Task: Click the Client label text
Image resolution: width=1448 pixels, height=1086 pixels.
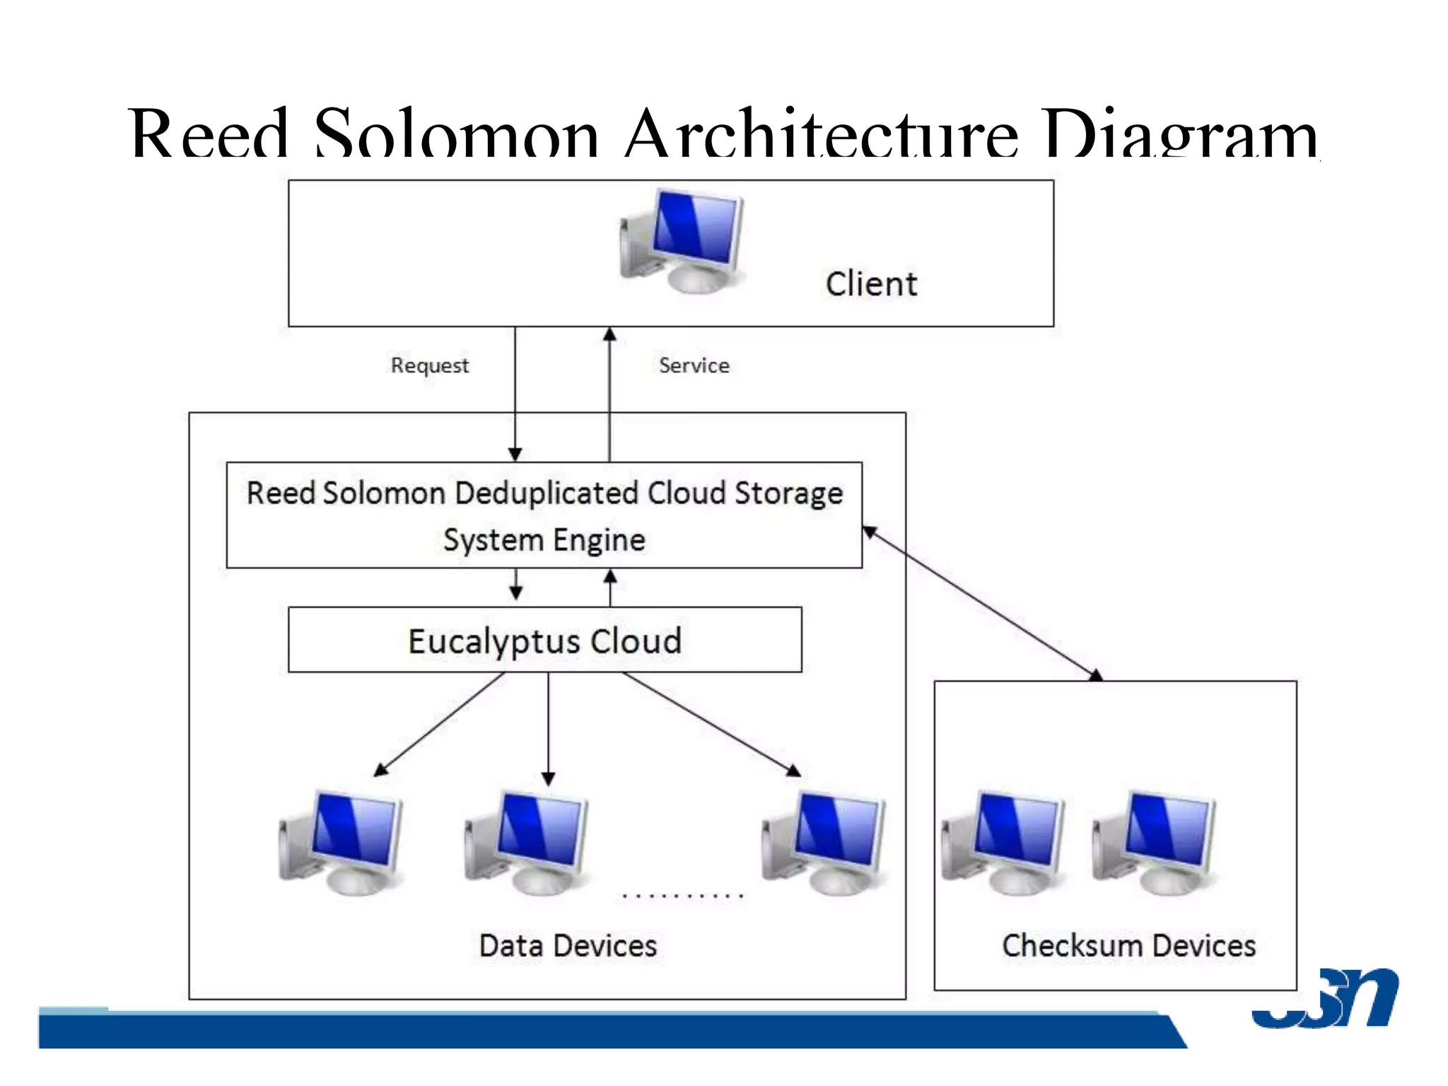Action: (871, 284)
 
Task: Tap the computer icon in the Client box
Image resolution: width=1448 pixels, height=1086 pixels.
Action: (683, 241)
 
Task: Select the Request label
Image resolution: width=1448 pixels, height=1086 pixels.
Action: (430, 366)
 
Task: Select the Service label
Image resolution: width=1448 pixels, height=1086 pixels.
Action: (694, 366)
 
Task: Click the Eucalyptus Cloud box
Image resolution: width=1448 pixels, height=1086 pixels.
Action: (544, 640)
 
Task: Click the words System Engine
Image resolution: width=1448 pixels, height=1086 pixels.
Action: (544, 540)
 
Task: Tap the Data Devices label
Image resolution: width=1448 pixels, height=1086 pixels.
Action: (568, 946)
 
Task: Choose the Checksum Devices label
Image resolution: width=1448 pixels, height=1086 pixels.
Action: (1128, 946)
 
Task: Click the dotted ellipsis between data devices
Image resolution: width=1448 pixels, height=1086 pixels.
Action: (682, 896)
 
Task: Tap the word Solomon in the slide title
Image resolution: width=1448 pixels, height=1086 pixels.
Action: (456, 134)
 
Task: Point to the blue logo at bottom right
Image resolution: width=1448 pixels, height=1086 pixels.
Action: (1325, 998)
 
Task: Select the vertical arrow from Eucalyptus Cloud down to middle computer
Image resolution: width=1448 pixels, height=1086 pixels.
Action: (548, 728)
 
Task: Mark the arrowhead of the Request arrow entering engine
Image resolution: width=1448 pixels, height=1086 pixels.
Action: (515, 454)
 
